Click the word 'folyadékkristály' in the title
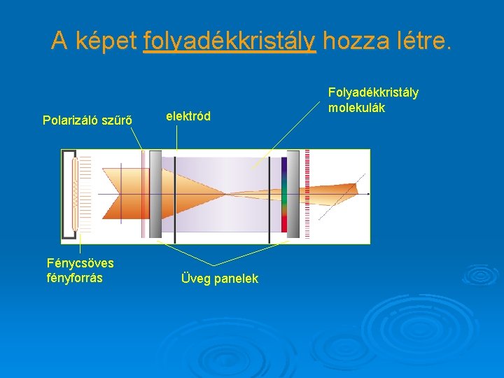tap(230, 41)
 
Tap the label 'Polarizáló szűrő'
tap(87, 120)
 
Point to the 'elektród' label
tap(188, 116)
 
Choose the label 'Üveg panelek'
tap(219, 279)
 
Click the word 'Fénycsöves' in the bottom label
tap(80, 263)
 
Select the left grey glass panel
tap(155, 194)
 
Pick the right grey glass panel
tap(293, 194)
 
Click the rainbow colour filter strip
tap(283, 195)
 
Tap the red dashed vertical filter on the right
tap(307, 194)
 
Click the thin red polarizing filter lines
tap(142, 194)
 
